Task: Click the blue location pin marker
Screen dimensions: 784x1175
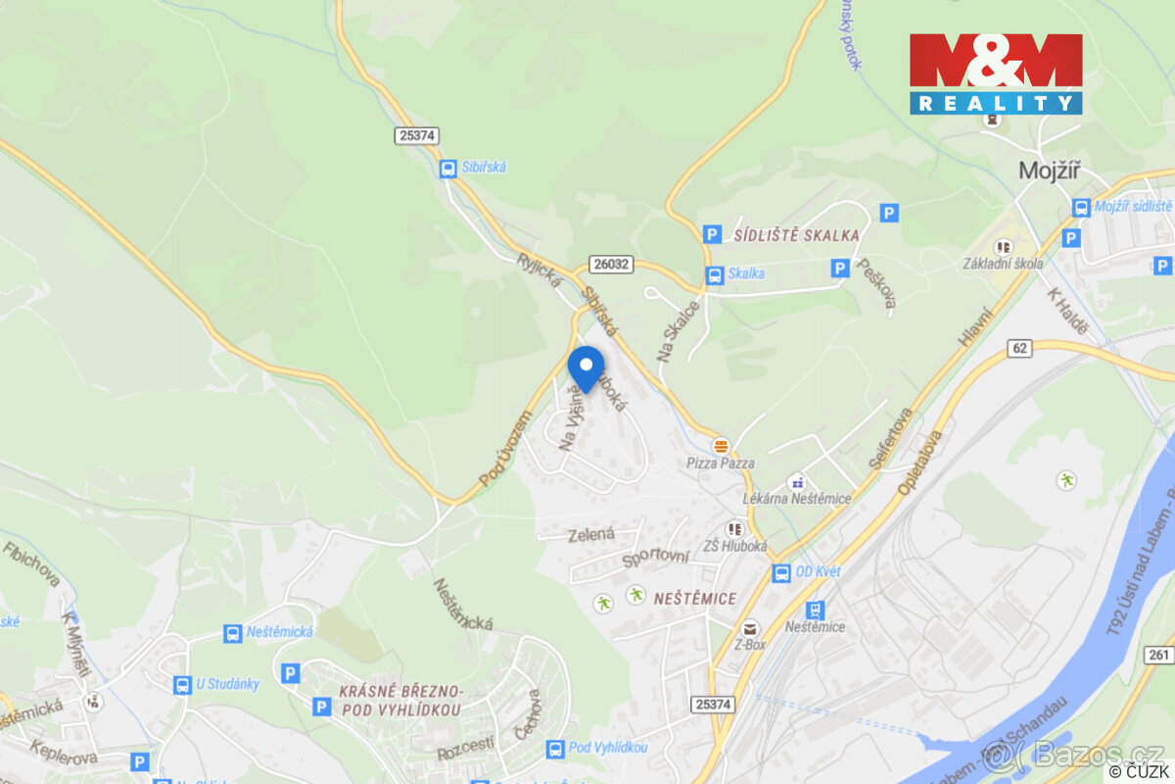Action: click(x=586, y=368)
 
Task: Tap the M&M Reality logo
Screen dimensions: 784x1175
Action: click(x=996, y=73)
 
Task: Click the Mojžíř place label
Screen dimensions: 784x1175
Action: click(x=1049, y=170)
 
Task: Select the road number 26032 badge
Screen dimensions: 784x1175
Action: click(x=611, y=264)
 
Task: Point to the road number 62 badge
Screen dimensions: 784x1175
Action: click(x=1020, y=348)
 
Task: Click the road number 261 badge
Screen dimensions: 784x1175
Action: click(x=1159, y=655)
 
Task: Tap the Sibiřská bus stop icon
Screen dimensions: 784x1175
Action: click(x=447, y=168)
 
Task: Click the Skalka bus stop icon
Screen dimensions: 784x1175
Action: click(x=715, y=274)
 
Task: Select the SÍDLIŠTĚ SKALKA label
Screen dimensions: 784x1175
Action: click(x=796, y=235)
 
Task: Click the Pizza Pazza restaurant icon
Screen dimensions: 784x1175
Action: click(x=722, y=445)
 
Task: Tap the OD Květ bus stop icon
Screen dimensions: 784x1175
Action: click(x=781, y=573)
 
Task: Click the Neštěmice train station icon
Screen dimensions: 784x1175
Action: click(x=815, y=610)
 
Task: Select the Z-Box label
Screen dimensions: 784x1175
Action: click(x=749, y=645)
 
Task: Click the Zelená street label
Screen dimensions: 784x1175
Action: click(x=591, y=535)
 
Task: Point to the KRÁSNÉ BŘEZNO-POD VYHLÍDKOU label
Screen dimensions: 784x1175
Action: click(x=399, y=699)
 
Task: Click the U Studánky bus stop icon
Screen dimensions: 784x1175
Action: click(x=182, y=684)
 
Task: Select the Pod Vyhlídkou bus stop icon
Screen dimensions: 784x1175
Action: click(x=555, y=748)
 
